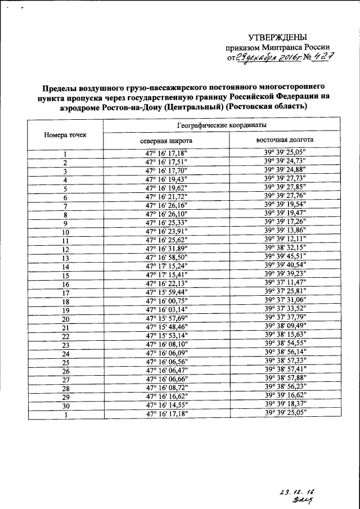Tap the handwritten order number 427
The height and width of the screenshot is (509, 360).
click(310, 56)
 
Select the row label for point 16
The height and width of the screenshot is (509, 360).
click(65, 285)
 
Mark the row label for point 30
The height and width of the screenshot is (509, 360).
click(65, 406)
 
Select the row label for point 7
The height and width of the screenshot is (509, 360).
click(65, 206)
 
